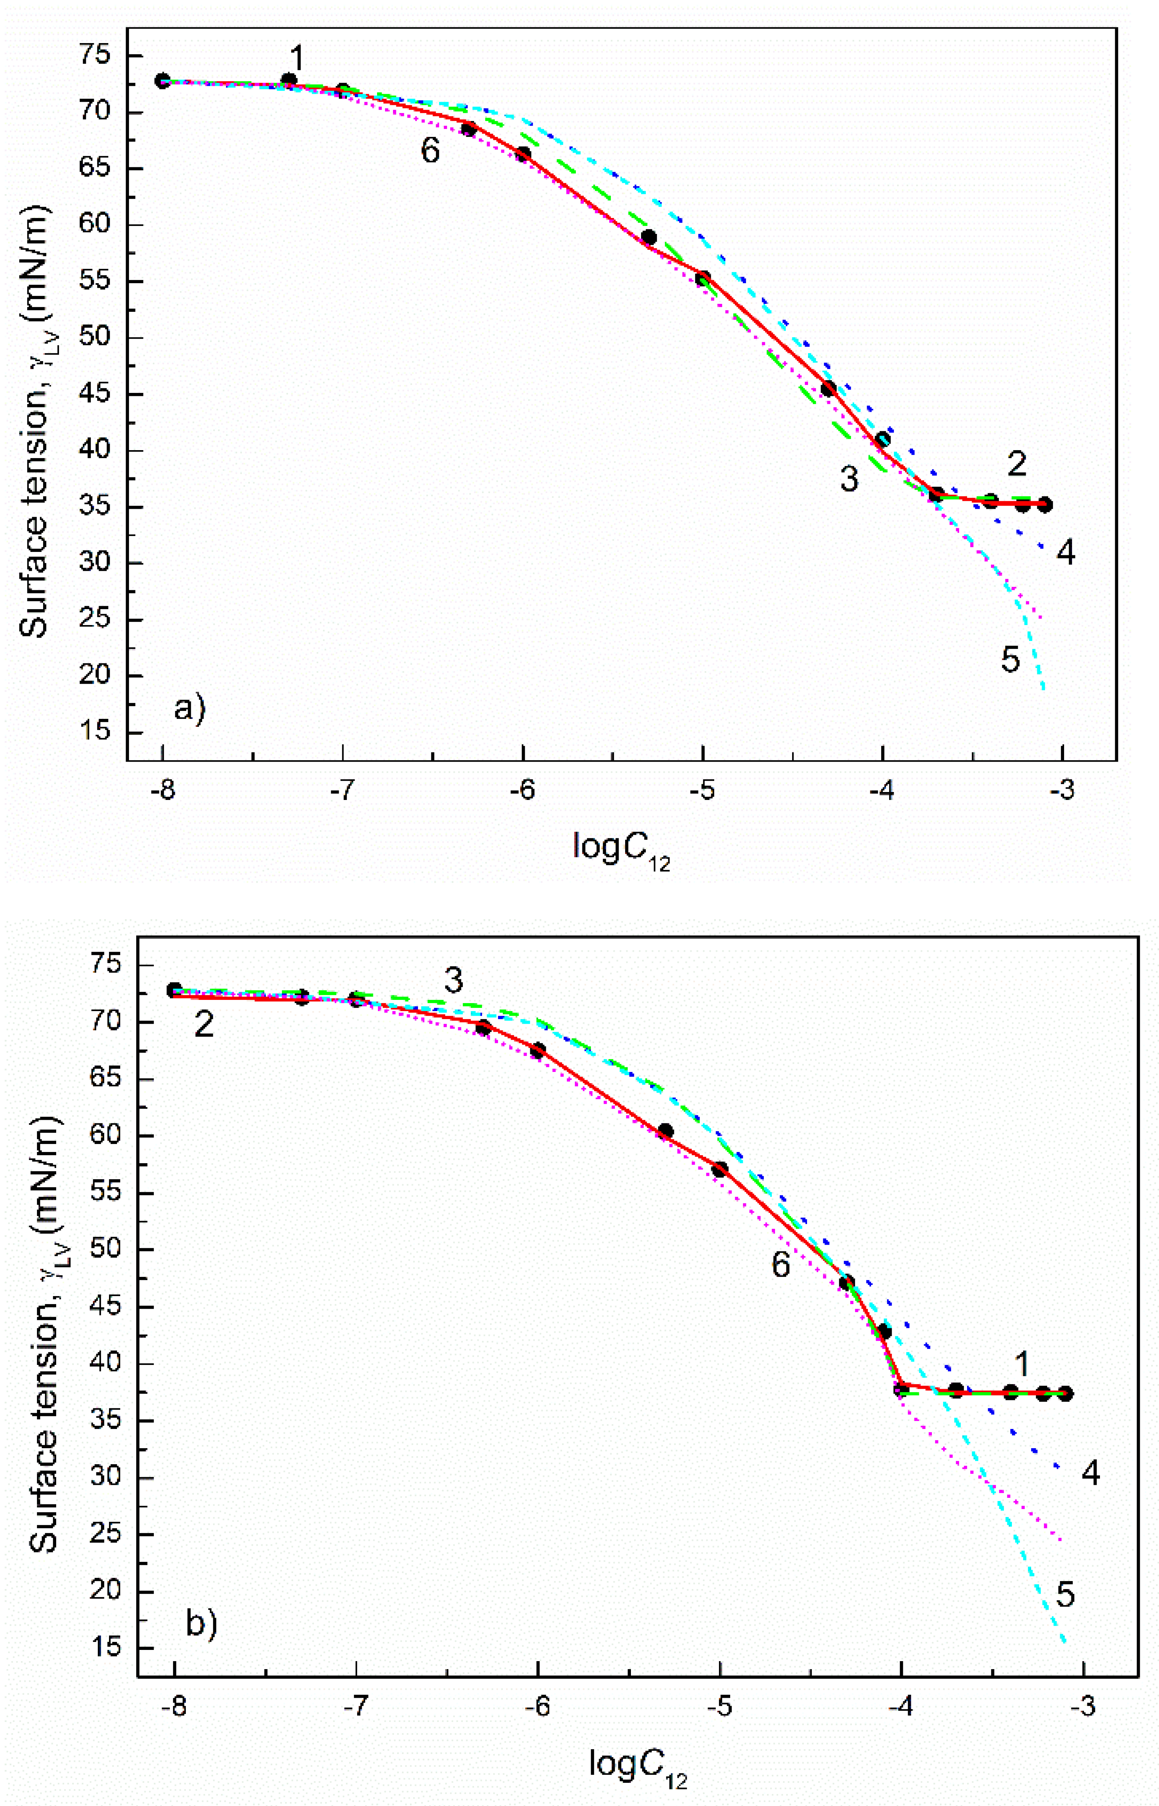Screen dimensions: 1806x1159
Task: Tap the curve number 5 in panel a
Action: [1010, 660]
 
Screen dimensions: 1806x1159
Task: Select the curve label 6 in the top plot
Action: [430, 151]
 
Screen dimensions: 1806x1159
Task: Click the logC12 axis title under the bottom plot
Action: [637, 1765]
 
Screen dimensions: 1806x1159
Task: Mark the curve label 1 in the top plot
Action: [297, 58]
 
